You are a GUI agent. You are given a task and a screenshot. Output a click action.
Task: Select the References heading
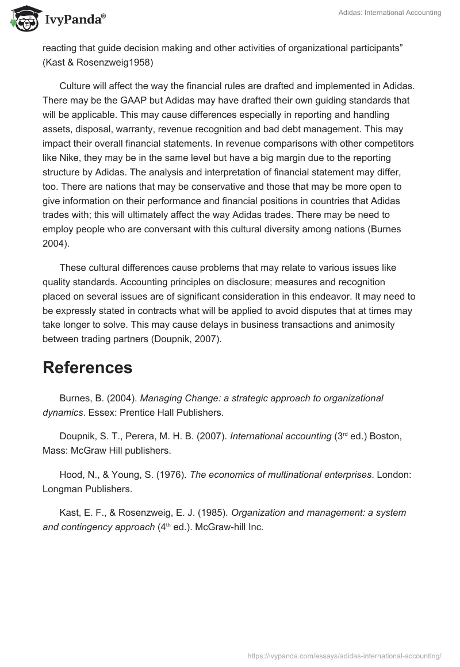pos(87,367)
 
